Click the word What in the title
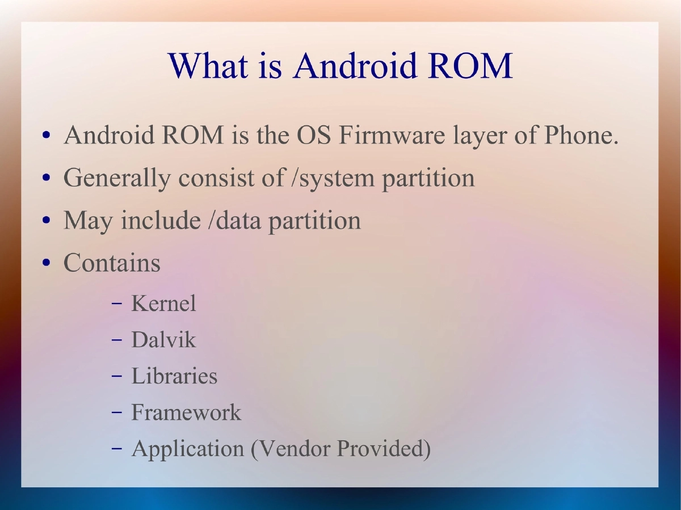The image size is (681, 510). click(208, 66)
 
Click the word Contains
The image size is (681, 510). click(112, 263)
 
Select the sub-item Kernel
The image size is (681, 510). click(163, 304)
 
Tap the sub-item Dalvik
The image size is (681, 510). click(163, 340)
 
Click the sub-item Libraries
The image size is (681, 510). click(174, 376)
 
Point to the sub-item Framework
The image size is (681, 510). click(186, 412)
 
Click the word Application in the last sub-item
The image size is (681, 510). click(187, 449)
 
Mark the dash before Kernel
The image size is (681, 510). click(117, 304)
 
